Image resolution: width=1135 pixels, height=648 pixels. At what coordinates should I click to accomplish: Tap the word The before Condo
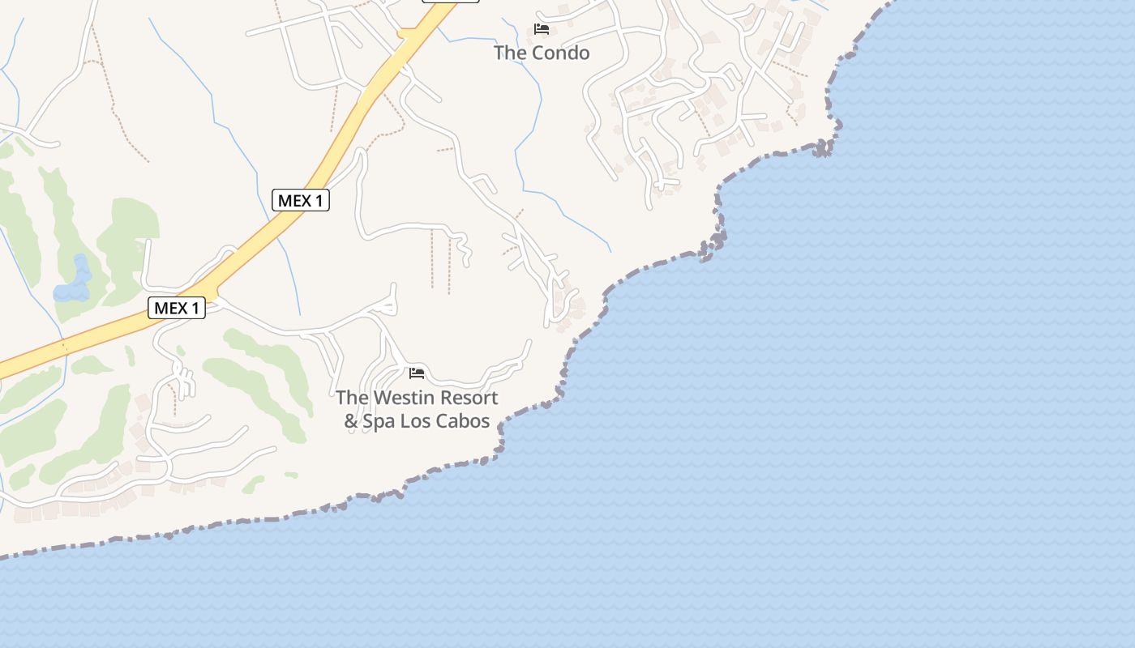click(x=511, y=53)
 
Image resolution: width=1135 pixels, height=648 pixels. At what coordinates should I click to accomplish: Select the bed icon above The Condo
click(x=542, y=29)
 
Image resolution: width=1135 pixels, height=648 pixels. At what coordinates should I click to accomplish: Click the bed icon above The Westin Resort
click(x=417, y=373)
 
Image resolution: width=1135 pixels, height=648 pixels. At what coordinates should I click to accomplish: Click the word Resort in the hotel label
click(x=467, y=398)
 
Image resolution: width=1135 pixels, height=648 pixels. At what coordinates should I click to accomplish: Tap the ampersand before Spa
click(x=350, y=421)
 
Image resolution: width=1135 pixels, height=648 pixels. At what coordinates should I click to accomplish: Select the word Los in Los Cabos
click(x=419, y=421)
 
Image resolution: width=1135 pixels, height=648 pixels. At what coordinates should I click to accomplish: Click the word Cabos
click(x=465, y=421)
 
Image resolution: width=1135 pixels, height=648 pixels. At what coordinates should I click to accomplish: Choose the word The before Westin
click(x=352, y=398)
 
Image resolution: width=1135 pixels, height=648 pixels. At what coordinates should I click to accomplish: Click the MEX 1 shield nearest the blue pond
click(x=177, y=308)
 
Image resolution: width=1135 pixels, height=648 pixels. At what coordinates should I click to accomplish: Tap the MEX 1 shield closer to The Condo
click(x=301, y=200)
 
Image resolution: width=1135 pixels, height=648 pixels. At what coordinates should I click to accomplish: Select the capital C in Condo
click(x=542, y=53)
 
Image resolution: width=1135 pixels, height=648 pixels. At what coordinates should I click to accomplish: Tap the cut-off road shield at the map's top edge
click(x=451, y=1)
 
